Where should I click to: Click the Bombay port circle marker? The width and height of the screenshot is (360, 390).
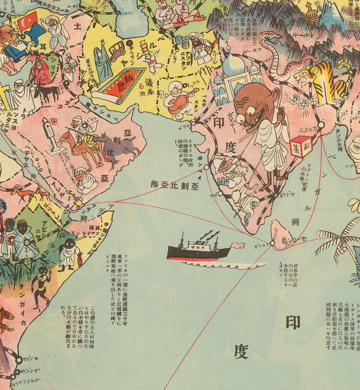coord(207,167)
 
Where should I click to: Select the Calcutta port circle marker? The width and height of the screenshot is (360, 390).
coord(321,125)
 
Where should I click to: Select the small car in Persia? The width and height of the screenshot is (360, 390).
coord(117,51)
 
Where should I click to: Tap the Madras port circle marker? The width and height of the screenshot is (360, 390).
coord(276,195)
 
